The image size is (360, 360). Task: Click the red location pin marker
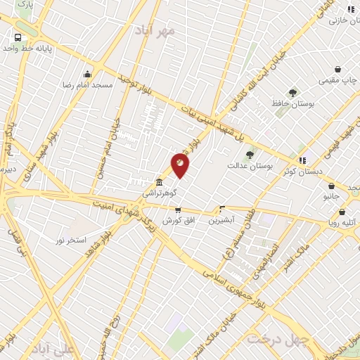point(180,165)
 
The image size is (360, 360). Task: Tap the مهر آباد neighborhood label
point(156,30)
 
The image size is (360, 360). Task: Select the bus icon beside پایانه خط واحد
point(18,37)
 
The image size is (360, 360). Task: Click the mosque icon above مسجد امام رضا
point(87,74)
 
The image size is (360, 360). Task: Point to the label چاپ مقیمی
point(337,80)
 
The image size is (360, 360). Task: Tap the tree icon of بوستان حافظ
point(292,93)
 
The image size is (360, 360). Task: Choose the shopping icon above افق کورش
point(178,210)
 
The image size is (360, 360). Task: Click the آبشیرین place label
point(222,219)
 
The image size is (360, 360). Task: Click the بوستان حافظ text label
point(292,104)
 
